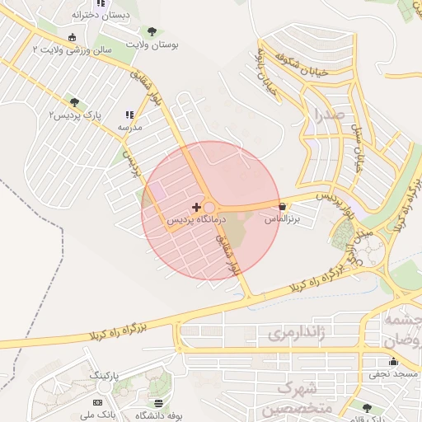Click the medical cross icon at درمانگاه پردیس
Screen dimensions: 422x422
tap(195, 206)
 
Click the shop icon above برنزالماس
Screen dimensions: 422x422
tap(283, 206)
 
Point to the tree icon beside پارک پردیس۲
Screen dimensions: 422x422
tap(75, 102)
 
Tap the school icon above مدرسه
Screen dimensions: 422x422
tap(129, 115)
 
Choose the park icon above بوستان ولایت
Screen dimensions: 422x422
tap(151, 30)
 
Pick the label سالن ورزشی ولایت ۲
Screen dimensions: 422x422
tap(71, 50)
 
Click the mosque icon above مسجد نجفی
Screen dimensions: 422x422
tap(393, 361)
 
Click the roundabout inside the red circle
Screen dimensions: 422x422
tap(209, 207)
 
